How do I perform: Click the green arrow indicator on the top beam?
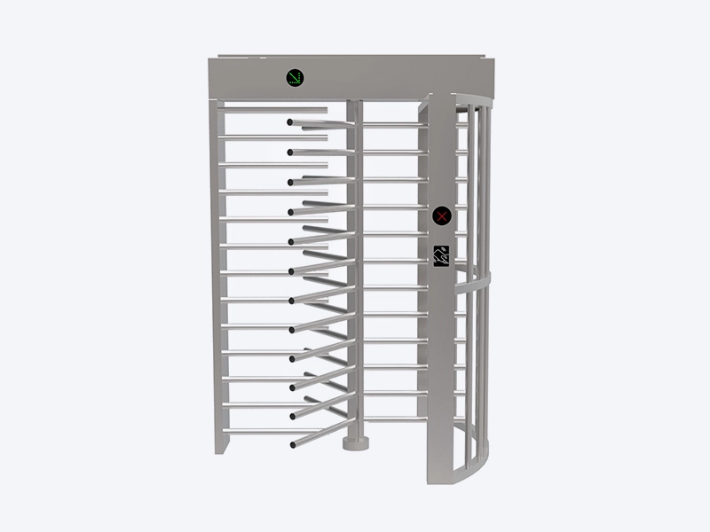[295, 78]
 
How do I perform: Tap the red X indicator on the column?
[442, 216]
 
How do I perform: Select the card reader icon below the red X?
[442, 255]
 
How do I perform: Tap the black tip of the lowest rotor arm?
[291, 443]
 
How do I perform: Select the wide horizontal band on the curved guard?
[475, 283]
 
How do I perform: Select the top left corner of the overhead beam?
[210, 61]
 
